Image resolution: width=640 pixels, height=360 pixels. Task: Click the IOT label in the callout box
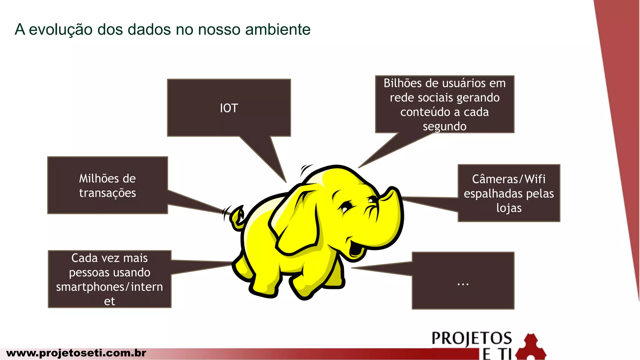pos(229,108)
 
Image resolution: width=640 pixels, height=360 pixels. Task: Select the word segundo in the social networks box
pos(444,127)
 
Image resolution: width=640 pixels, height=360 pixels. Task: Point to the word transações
pos(107,193)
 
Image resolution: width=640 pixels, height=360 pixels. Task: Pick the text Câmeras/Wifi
pos(508,179)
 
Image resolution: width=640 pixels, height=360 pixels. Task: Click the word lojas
pos(509,208)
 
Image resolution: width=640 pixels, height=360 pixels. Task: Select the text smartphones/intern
pos(109,287)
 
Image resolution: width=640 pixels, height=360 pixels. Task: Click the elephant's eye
pos(346,206)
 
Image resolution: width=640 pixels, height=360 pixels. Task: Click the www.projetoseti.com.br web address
pos(76,353)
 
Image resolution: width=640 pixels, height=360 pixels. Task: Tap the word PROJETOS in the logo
pos(472,338)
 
